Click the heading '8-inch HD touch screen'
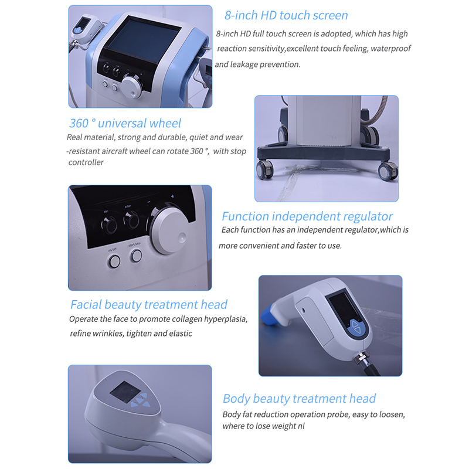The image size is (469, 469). tap(286, 15)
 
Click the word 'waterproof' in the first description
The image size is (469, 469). tap(390, 49)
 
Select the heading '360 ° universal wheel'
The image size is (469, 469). tap(125, 123)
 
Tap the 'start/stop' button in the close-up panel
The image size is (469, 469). tap(137, 256)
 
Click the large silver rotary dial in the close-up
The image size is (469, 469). tap(169, 232)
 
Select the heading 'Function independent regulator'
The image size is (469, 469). tap(307, 216)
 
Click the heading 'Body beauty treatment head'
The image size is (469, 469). tap(299, 399)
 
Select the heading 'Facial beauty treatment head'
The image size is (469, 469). tap(148, 305)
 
